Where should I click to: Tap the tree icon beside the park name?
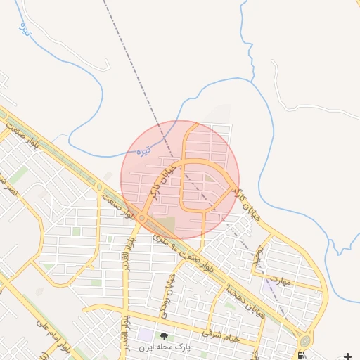(x=165, y=336)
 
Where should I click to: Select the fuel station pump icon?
(x=302, y=355)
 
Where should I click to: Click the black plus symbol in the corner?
(x=347, y=356)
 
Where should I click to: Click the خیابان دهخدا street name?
(x=245, y=300)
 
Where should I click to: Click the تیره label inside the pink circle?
(x=143, y=150)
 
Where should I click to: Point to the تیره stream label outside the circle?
(x=26, y=29)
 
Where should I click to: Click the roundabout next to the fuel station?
(x=304, y=341)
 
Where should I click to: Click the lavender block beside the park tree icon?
(x=145, y=335)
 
